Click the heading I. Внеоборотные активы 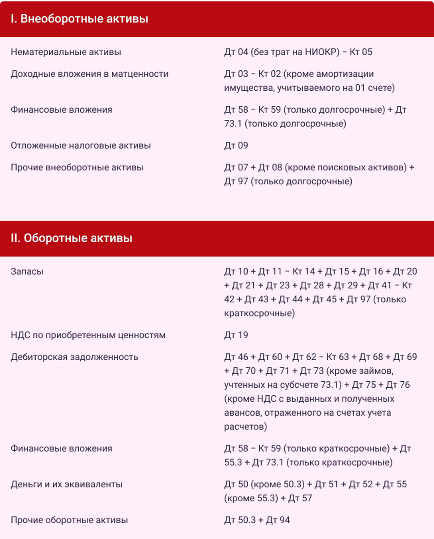coord(79,19)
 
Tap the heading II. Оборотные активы coord(71,238)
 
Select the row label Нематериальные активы coord(66,52)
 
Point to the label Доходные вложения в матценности coord(90,74)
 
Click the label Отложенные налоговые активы coord(80,145)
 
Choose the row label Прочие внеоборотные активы coord(77,168)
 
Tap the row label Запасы coord(27,272)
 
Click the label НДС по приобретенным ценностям coord(88,335)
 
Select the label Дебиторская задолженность coord(74,357)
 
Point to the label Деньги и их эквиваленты coord(66,484)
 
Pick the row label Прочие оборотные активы coord(69,520)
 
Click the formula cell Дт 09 coord(236,145)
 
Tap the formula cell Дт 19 coord(236,335)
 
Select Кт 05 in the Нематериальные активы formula coord(361,52)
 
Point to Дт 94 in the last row coord(278,520)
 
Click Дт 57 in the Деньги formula coord(300,498)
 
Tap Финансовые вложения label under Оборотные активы coord(61,449)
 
